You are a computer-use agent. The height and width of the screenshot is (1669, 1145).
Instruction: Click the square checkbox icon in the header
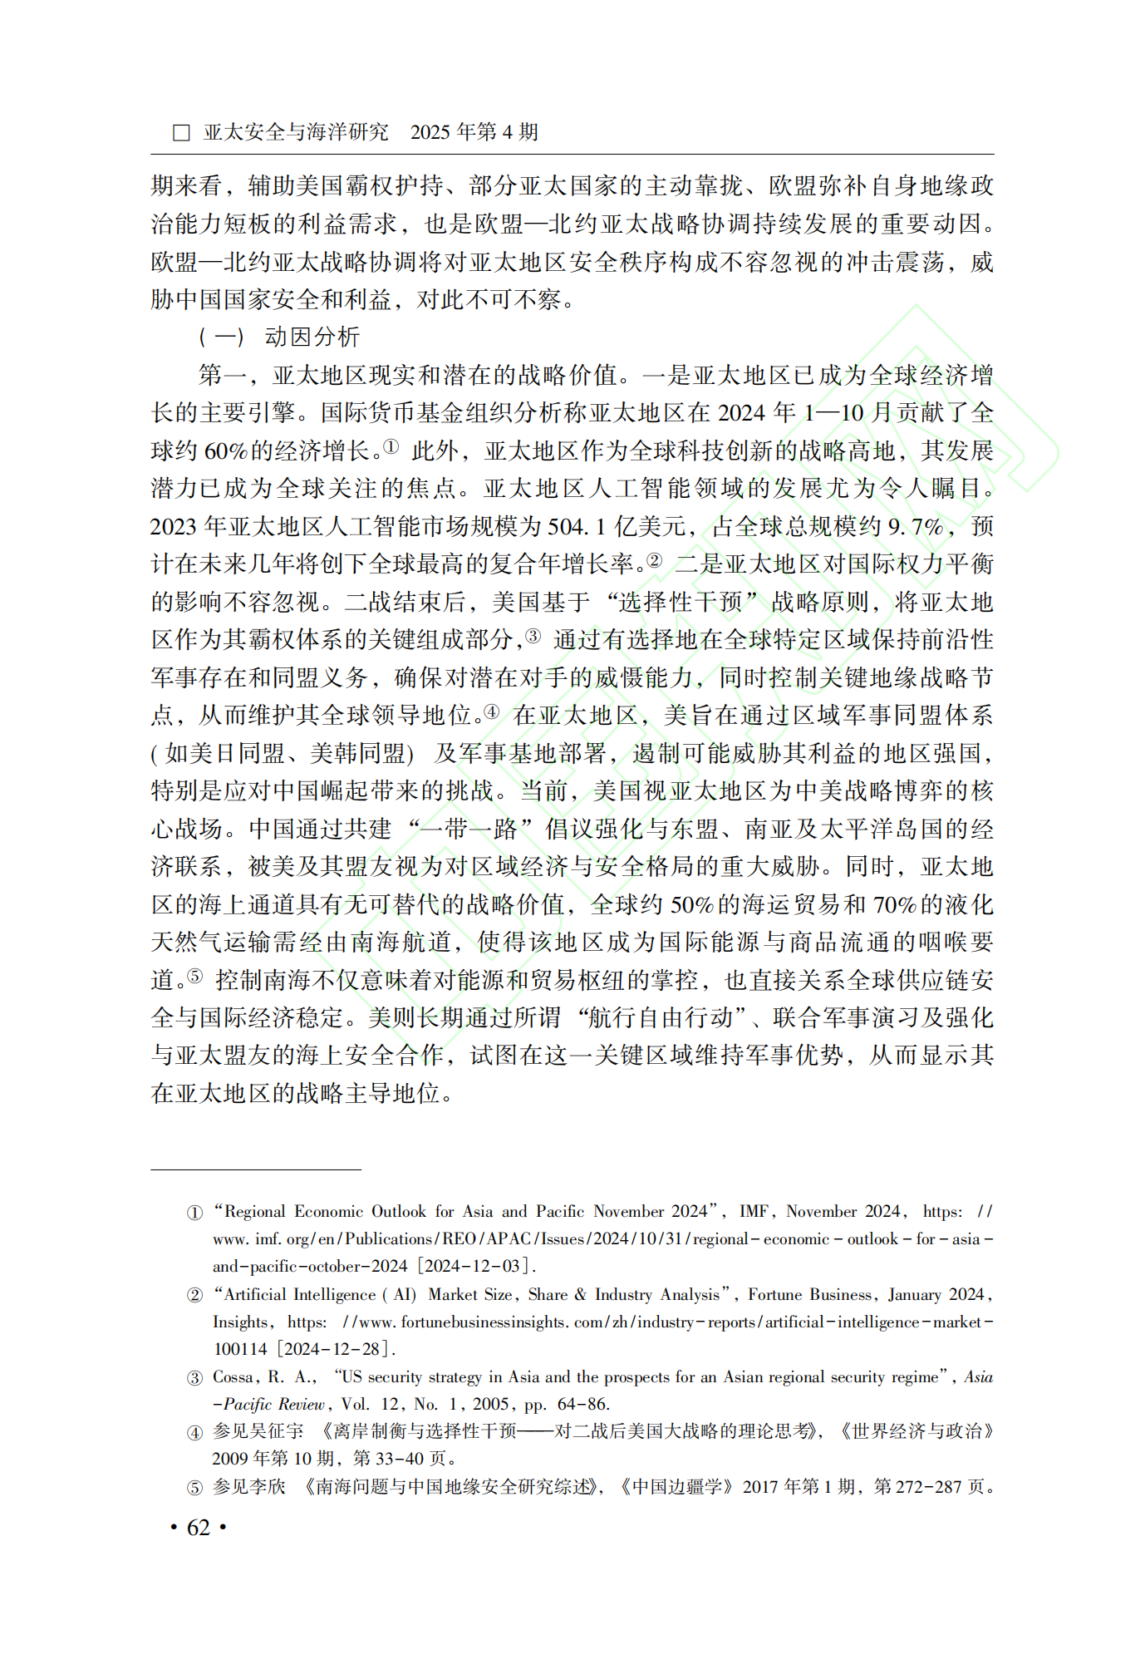coord(181,133)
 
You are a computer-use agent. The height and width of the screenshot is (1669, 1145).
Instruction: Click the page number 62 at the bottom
coord(199,1527)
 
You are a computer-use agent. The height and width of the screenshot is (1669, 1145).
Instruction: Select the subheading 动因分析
coord(312,337)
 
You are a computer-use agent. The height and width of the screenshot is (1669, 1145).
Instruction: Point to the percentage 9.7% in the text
coord(914,526)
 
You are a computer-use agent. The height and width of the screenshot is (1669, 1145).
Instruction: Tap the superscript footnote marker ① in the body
coord(391,447)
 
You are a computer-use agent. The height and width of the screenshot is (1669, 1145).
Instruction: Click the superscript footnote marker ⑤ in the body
coord(194,976)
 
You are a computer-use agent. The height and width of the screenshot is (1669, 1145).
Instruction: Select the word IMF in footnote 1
coord(754,1212)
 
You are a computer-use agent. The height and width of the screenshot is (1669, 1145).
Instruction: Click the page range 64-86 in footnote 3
coord(583,1404)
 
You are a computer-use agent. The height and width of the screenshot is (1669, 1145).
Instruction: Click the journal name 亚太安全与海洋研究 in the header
coord(296,132)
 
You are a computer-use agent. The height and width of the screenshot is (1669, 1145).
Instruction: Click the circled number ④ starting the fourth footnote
coord(194,1432)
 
